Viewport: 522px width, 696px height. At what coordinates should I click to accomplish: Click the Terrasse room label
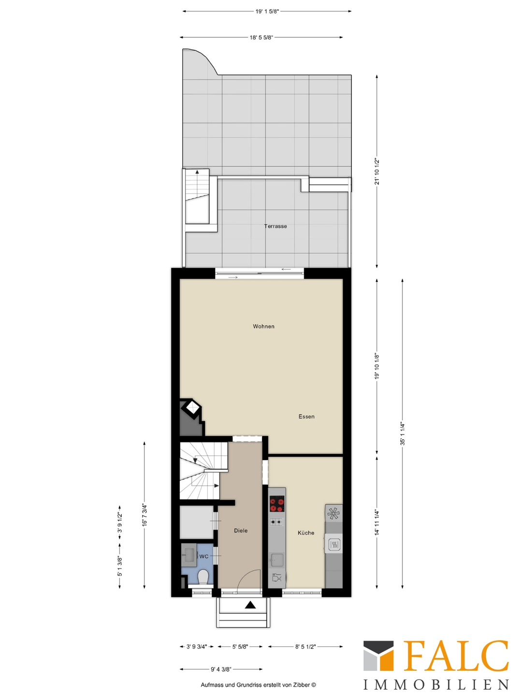click(275, 226)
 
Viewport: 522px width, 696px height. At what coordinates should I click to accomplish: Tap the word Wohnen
click(263, 327)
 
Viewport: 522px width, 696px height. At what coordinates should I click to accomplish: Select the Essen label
click(306, 417)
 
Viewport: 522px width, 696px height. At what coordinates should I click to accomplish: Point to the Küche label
click(306, 533)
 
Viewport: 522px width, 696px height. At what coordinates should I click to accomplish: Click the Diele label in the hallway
click(241, 531)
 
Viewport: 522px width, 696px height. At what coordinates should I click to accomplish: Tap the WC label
click(204, 557)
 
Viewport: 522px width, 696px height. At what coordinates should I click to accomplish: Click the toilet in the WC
click(203, 577)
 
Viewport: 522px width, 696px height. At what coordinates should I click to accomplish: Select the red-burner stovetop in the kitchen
click(277, 504)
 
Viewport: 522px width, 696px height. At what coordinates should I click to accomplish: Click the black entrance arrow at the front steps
click(250, 605)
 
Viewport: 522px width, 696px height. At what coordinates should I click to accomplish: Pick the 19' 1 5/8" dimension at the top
click(267, 12)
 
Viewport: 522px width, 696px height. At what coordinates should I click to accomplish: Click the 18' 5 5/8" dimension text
click(261, 37)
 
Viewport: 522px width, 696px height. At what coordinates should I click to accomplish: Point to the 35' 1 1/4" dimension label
click(402, 433)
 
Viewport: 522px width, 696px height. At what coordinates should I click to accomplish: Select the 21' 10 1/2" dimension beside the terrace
click(377, 171)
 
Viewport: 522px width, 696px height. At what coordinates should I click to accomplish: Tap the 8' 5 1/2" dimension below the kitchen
click(305, 647)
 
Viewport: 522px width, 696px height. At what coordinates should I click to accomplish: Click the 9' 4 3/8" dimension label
click(221, 669)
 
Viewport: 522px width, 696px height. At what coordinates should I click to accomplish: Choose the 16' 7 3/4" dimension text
click(144, 515)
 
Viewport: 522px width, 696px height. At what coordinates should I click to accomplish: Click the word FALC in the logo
click(455, 656)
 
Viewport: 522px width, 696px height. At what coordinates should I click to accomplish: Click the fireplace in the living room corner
click(192, 409)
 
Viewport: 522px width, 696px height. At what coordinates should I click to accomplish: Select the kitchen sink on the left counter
click(277, 560)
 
